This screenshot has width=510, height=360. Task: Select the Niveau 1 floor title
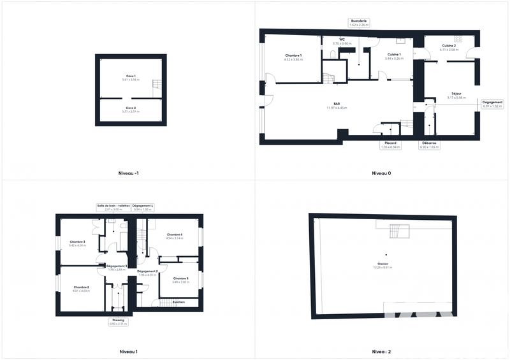tap(128, 351)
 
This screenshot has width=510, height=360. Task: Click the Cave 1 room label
tap(130, 77)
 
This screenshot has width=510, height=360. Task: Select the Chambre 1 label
tap(293, 57)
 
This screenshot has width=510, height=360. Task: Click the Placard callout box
tap(390, 145)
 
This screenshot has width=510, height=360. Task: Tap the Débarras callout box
tap(429, 145)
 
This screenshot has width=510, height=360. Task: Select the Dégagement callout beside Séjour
tap(492, 104)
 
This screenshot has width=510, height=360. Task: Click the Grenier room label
tap(383, 264)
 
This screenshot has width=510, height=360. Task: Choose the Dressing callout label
tap(118, 322)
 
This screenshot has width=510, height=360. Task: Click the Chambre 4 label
tap(175, 236)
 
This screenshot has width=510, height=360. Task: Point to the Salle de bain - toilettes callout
tap(113, 206)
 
